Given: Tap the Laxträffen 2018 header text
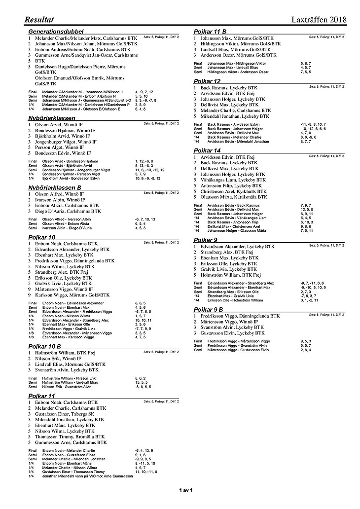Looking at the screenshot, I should [x=317, y=20].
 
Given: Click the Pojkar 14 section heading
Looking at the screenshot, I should [x=207, y=150].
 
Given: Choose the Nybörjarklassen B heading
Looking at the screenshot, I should [x=58, y=188].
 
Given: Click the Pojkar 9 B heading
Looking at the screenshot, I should [x=209, y=309].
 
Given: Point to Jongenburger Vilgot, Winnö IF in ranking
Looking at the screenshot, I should [x=66, y=142].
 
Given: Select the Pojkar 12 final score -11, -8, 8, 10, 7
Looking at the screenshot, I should [x=313, y=124].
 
